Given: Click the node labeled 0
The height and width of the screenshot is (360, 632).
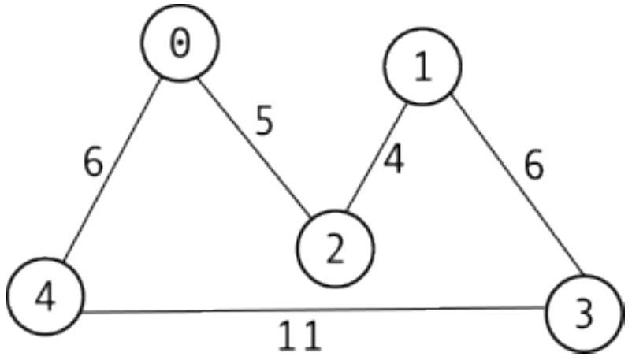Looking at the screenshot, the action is [180, 43].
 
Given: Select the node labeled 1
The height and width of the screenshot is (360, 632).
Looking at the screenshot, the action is [422, 66].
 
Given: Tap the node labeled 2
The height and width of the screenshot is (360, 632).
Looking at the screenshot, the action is [336, 249].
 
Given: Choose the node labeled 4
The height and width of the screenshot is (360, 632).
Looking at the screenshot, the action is [46, 296].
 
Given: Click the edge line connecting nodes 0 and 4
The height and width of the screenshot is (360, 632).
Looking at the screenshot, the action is [113, 169].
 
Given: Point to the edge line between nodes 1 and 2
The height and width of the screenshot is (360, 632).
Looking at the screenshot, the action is [377, 158].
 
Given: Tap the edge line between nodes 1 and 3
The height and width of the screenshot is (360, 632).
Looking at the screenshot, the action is [517, 184].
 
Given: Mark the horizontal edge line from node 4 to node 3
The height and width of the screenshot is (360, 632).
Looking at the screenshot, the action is [314, 310].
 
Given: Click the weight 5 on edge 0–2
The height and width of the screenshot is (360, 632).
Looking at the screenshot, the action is [265, 121].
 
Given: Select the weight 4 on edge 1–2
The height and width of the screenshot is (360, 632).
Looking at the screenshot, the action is [394, 159].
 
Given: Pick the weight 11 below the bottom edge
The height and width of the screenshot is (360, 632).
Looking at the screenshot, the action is [301, 336].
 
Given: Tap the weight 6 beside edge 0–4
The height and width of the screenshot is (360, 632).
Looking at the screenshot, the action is [94, 162].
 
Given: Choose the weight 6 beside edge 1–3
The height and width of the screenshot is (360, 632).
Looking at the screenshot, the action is [534, 165].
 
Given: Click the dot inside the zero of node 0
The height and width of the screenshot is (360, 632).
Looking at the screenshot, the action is [180, 43].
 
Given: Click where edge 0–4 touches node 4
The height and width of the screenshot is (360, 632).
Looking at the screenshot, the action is [64, 262].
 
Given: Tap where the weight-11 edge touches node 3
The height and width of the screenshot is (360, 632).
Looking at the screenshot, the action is [545, 307].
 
